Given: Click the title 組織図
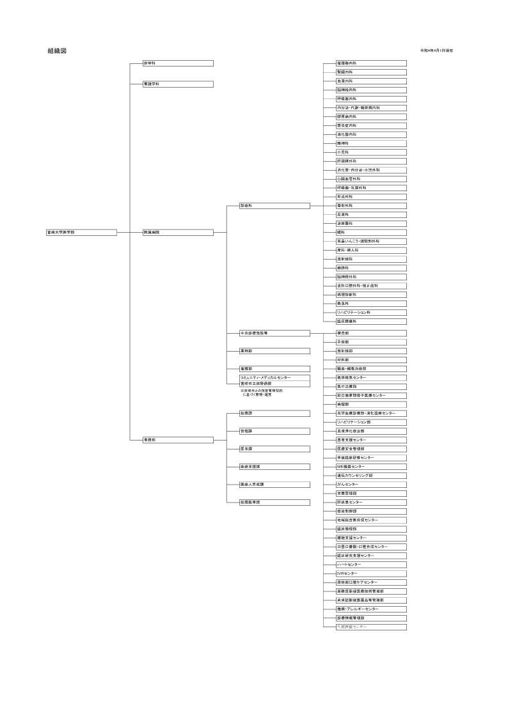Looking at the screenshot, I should click(x=56, y=51).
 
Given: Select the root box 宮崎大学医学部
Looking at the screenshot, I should click(x=81, y=233).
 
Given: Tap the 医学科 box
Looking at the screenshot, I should click(x=178, y=63).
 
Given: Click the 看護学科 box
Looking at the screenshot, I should click(x=178, y=84).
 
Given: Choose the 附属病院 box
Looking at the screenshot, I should click(x=178, y=233).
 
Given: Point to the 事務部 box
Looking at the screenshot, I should click(x=178, y=440).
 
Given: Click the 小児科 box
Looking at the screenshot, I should click(x=371, y=152).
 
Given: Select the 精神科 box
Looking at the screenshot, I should click(x=371, y=143).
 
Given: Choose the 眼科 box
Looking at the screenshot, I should click(x=371, y=232).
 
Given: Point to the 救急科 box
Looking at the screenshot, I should click(x=371, y=303).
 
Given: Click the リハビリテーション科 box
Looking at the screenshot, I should click(x=371, y=312).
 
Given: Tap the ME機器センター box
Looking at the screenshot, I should click(x=371, y=467).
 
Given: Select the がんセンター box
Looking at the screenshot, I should click(x=371, y=485).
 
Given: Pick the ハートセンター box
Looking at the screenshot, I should click(x=371, y=565).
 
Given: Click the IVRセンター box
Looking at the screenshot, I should click(x=371, y=574).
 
